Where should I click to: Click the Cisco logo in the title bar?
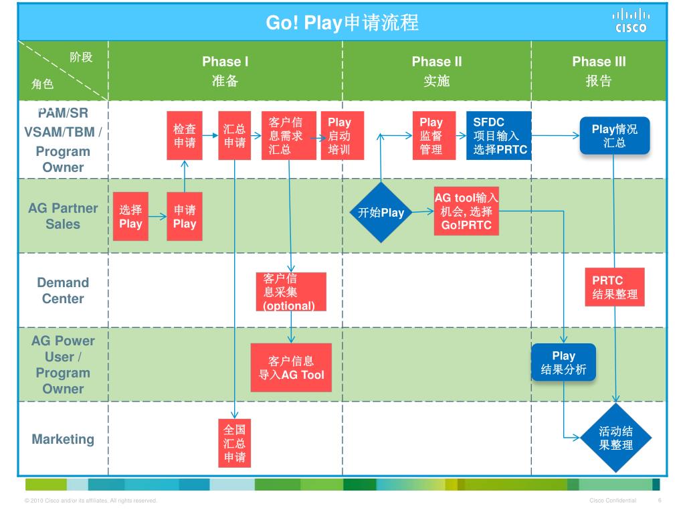631,21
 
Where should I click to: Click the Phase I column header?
225,71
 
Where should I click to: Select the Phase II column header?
436,71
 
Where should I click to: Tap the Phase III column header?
599,71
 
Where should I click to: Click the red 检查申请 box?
185,136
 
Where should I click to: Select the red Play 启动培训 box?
338,136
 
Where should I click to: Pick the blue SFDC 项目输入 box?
499,136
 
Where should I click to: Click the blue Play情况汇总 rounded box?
614,136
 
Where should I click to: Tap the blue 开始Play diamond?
381,213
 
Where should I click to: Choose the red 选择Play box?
130,216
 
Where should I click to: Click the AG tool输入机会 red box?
466,211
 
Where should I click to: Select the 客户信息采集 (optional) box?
291,292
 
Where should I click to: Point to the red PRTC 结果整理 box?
615,287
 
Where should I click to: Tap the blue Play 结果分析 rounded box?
563,362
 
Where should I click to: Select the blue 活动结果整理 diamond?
615,438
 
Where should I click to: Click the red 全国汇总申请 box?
234,443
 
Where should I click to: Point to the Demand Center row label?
63,290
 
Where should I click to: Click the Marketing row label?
63,439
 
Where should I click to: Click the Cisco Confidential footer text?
613,501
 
